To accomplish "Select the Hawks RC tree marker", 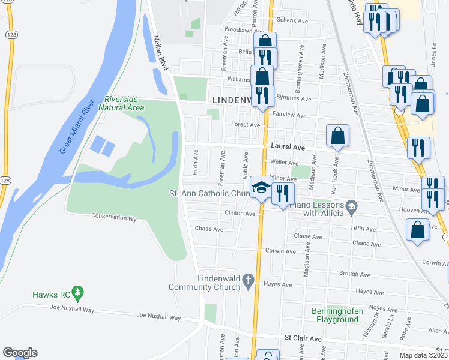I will pyautogui.click(x=77, y=293).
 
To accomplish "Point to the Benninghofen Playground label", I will pyautogui.click(x=335, y=315).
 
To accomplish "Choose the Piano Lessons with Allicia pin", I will pyautogui.click(x=352, y=208).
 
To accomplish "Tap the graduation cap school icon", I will pyautogui.click(x=261, y=187).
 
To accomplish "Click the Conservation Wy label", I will pyautogui.click(x=114, y=217).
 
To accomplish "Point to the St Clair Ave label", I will pyautogui.click(x=303, y=339).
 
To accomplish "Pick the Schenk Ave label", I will pyautogui.click(x=292, y=20).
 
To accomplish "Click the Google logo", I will pyautogui.click(x=20, y=353).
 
